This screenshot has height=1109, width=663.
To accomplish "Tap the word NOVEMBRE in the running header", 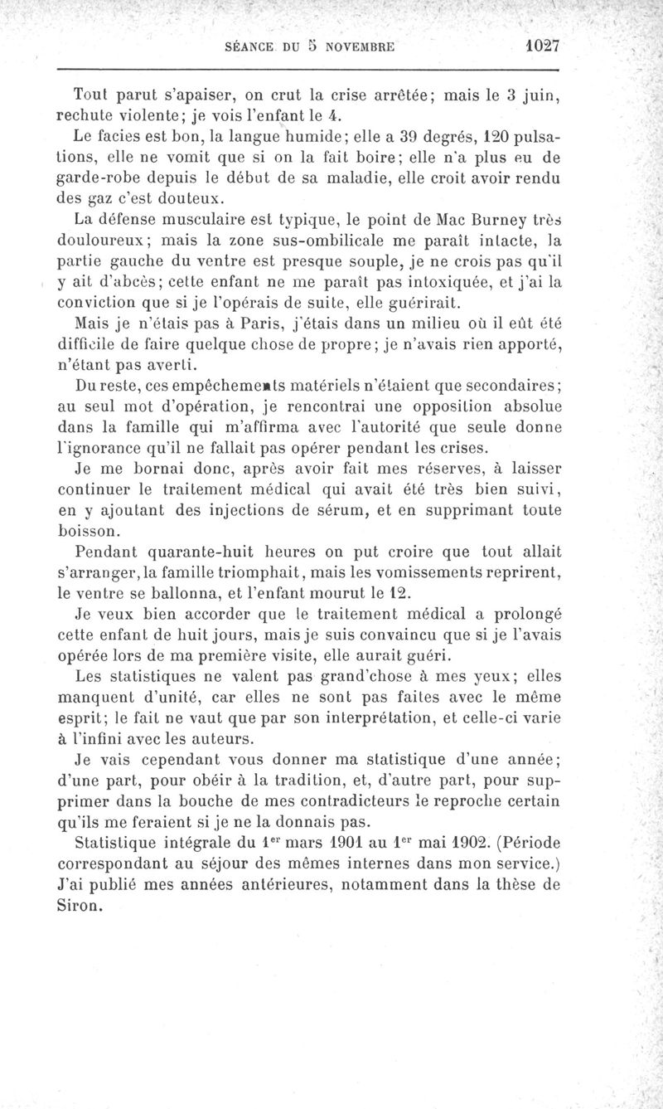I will coord(362,48).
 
